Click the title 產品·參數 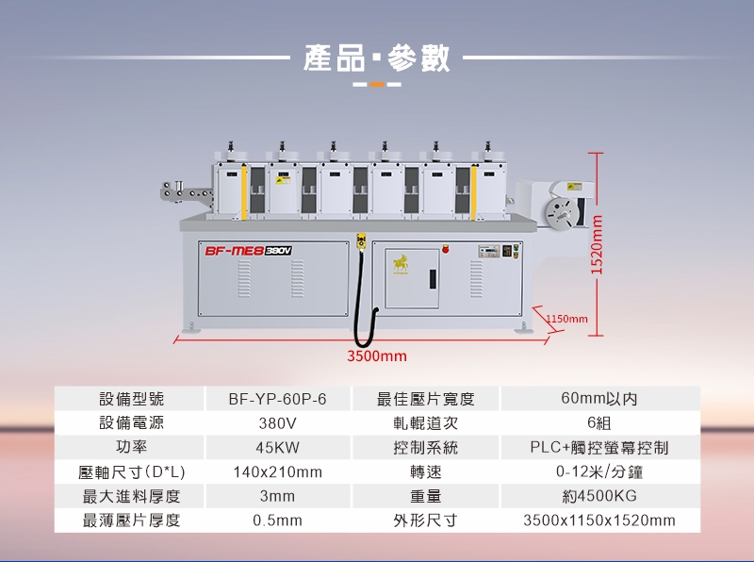[377, 58]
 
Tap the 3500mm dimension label [377, 356]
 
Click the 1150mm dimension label [566, 320]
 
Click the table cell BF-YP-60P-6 [277, 399]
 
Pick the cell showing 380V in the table [277, 423]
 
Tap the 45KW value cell [277, 447]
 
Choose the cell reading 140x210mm [277, 471]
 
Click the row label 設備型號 [131, 399]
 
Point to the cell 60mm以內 [599, 399]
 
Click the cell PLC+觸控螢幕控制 [599, 447]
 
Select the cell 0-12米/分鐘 [599, 471]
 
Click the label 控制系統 [425, 447]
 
